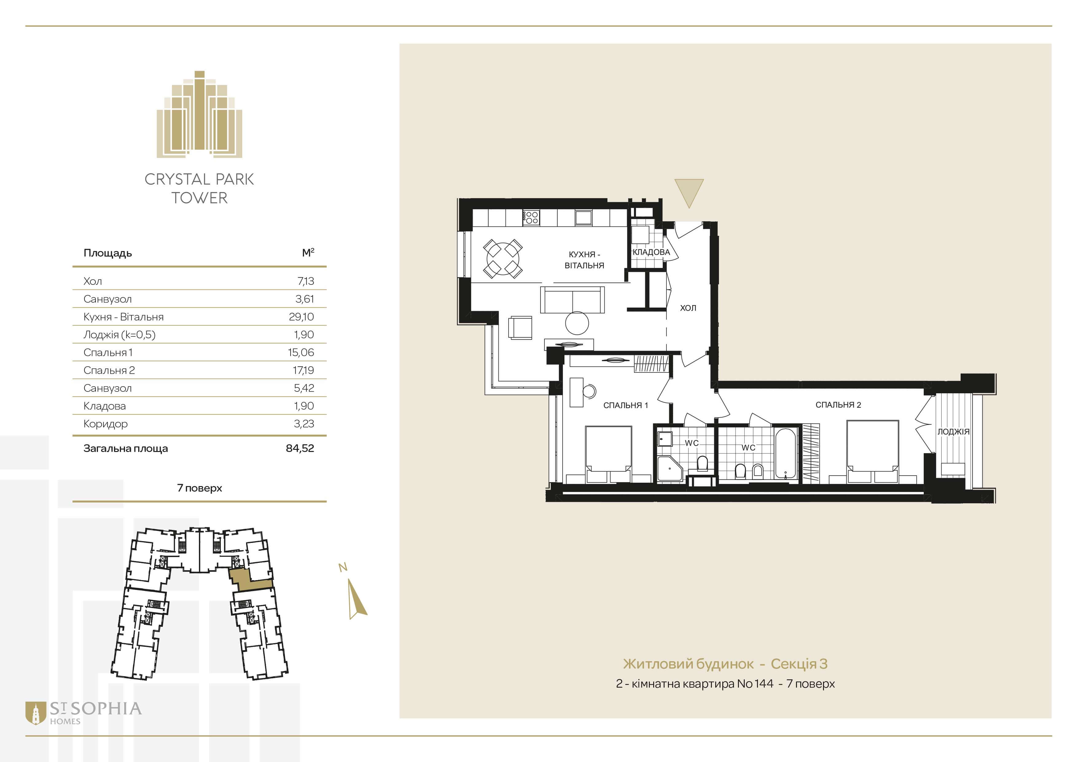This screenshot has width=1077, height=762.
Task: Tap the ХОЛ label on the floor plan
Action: [x=688, y=308]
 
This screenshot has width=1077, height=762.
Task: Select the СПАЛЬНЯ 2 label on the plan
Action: [x=838, y=404]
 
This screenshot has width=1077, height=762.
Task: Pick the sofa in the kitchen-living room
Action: [x=572, y=300]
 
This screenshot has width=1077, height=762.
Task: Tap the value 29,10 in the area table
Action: [x=301, y=317]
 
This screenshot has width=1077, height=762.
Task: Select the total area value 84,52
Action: [x=300, y=448]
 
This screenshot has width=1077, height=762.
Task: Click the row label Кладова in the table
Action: [x=105, y=406]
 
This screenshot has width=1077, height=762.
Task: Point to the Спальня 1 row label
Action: [x=108, y=352]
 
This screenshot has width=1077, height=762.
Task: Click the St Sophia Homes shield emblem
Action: [x=35, y=713]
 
